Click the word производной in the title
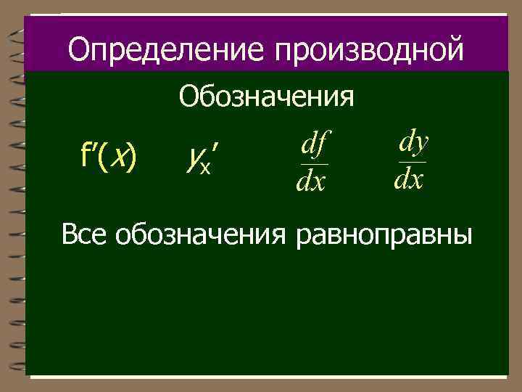(x=368, y=51)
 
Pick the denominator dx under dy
(x=410, y=179)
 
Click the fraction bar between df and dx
(x=312, y=164)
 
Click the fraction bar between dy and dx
(x=411, y=161)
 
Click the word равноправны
(x=384, y=236)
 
